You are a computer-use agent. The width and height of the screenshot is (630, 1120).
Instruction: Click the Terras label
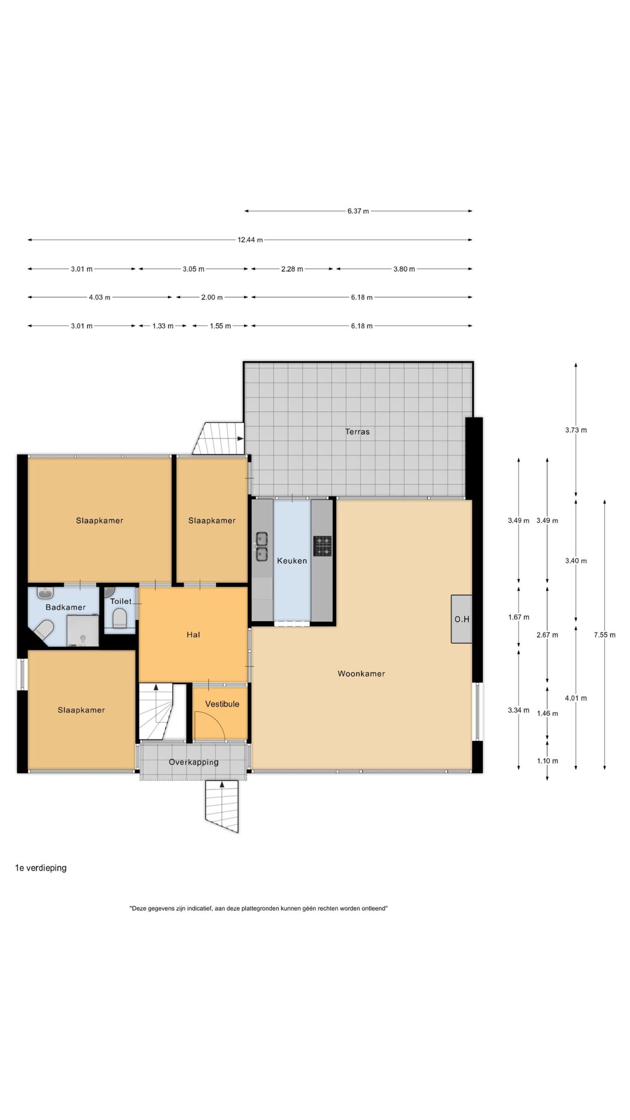[357, 432]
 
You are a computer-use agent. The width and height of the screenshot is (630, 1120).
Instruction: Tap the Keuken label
[292, 561]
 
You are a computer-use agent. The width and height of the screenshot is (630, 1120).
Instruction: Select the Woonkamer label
[361, 674]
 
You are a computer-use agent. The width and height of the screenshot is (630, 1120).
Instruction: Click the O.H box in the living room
[462, 619]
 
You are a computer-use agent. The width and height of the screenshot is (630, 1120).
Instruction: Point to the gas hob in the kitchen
[322, 546]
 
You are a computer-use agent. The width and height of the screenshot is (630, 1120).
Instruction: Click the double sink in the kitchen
[262, 546]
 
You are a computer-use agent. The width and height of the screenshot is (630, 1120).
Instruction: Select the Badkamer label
[66, 607]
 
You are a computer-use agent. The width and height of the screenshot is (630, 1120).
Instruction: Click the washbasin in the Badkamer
[45, 593]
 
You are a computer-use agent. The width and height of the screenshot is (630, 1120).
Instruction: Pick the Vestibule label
[222, 704]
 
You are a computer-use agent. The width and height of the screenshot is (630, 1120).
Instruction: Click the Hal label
[193, 635]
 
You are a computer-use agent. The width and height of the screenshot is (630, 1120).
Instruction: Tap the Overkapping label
[193, 762]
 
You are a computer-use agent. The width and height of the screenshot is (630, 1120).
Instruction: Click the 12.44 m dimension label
[250, 240]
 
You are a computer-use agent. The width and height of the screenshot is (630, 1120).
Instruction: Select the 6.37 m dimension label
[358, 211]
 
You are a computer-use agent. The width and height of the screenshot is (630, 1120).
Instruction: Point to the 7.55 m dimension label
[605, 635]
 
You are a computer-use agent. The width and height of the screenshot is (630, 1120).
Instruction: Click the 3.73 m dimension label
[576, 430]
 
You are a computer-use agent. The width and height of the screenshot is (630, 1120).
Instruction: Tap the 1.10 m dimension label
[547, 761]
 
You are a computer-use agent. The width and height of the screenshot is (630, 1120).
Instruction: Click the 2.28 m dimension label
[292, 269]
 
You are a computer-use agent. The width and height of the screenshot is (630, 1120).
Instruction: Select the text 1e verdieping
[41, 868]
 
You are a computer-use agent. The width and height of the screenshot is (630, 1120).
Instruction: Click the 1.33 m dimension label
[163, 326]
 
